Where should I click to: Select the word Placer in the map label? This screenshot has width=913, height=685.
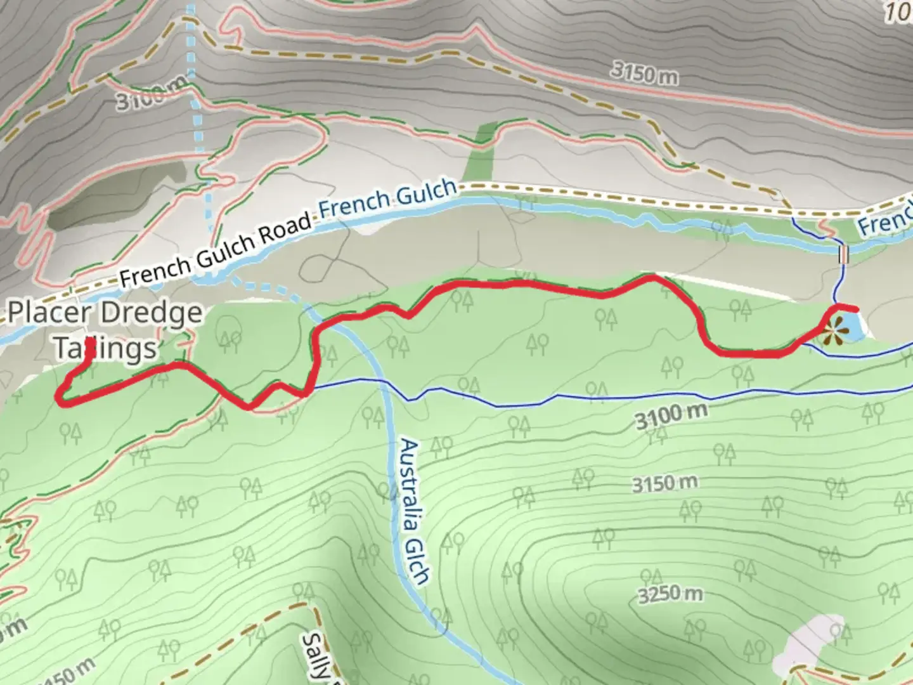click(x=56, y=313)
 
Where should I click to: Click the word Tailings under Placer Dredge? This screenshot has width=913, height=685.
click(x=105, y=348)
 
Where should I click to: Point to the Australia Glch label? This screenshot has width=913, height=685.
click(x=415, y=511)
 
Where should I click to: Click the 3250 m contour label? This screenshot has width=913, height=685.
click(x=670, y=594)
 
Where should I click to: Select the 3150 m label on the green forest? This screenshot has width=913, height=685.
click(x=664, y=484)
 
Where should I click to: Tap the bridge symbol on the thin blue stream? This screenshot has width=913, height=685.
click(x=843, y=254)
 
